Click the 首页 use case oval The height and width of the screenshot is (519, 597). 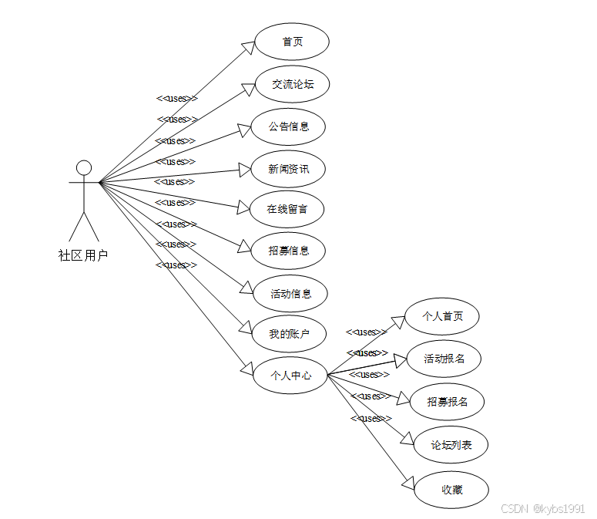coord(292,42)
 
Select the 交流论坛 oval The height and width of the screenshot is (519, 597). coord(293,84)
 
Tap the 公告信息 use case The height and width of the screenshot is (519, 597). coord(289,126)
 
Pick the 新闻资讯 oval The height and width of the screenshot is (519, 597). coord(289,169)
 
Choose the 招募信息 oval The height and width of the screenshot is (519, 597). coord(289,251)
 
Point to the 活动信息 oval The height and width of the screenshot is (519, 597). coord(291,294)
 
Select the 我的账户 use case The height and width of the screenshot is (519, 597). coord(289,334)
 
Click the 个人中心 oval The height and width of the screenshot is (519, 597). coord(290,376)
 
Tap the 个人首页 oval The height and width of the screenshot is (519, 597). coord(443,316)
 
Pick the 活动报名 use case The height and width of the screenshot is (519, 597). coord(444,359)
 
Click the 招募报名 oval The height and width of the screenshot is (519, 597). coord(447,402)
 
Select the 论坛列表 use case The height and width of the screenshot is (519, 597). coord(451,445)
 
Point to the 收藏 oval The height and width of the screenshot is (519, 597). coord(452,489)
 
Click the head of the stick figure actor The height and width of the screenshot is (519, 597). coord(84,167)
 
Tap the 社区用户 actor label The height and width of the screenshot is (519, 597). coord(83,255)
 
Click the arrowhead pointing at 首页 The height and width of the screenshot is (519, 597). coord(247,48)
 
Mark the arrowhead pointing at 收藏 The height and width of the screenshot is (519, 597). coord(409,483)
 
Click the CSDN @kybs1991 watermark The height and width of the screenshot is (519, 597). coord(542,509)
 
